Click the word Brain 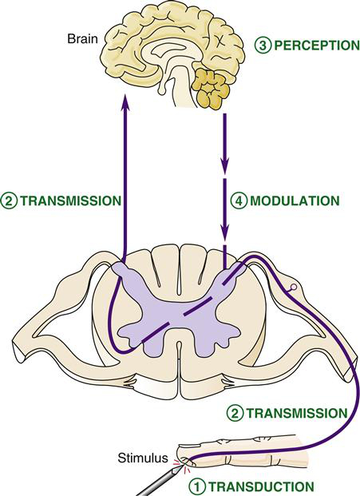[82, 39]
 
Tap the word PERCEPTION [317, 46]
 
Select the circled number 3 [263, 46]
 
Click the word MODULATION [295, 200]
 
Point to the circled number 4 [239, 200]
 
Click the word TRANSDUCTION [261, 486]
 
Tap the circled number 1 [197, 487]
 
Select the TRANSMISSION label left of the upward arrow [71, 200]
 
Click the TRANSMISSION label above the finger [297, 413]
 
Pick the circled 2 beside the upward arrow [9, 201]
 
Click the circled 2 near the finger [235, 414]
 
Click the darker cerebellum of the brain [212, 89]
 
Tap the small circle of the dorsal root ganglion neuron [293, 288]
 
